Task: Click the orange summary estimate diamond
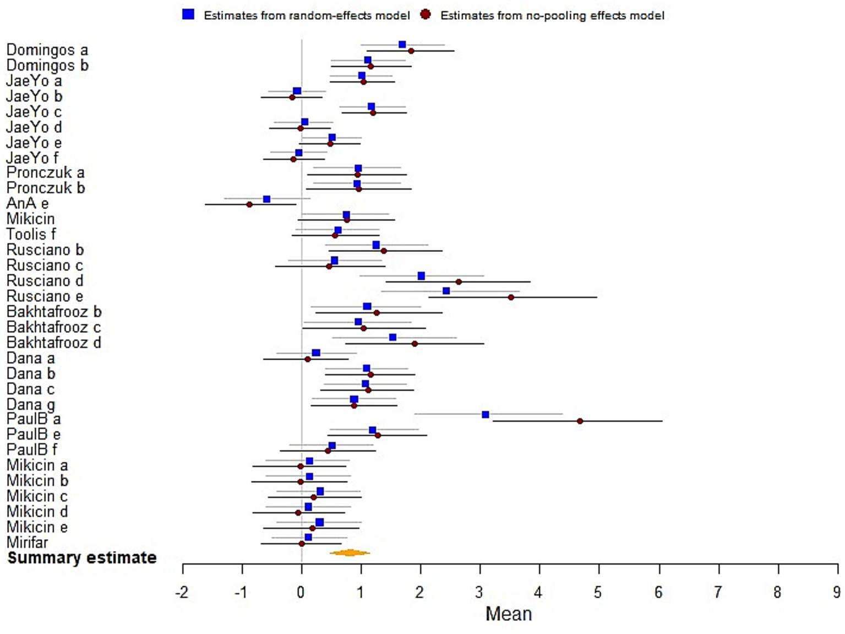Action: click(x=350, y=552)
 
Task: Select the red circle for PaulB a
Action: click(x=580, y=421)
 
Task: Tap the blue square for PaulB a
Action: click(x=485, y=414)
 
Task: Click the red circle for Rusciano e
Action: click(x=511, y=297)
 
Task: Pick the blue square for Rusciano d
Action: click(x=421, y=276)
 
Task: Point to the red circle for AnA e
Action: click(x=249, y=204)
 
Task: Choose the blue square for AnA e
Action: click(x=267, y=199)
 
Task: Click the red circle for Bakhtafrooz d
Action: click(x=415, y=344)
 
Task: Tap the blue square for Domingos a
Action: click(x=402, y=45)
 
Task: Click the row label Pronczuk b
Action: click(x=46, y=188)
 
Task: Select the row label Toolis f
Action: click(x=31, y=234)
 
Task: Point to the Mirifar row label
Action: click(x=27, y=542)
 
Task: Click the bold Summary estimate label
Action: click(x=82, y=557)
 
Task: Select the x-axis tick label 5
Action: click(x=598, y=593)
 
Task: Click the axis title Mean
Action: click(x=509, y=614)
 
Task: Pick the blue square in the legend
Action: click(x=188, y=15)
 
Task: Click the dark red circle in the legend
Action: click(x=426, y=15)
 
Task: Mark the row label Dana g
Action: click(x=31, y=404)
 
